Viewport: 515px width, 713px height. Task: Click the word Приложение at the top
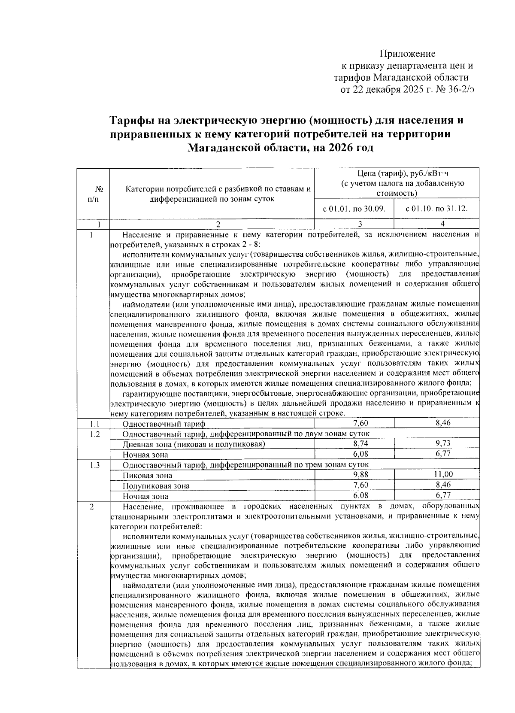(x=407, y=54)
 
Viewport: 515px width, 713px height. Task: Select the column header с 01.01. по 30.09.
(x=354, y=209)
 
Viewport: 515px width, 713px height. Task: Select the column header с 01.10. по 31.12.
(x=436, y=209)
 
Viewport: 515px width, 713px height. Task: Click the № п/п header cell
(x=93, y=194)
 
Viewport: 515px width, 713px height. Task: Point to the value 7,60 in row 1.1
(x=360, y=423)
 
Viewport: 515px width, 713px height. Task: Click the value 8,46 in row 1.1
(x=442, y=423)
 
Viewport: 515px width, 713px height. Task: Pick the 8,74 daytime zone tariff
(x=360, y=444)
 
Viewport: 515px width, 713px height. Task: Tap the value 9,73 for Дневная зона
(x=442, y=443)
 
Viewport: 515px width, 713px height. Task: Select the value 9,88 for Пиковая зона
(x=360, y=475)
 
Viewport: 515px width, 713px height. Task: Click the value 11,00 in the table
(x=442, y=474)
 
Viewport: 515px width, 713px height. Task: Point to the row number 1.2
(x=95, y=434)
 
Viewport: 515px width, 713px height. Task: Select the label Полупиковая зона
(x=156, y=486)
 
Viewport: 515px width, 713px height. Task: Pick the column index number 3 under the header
(x=360, y=224)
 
